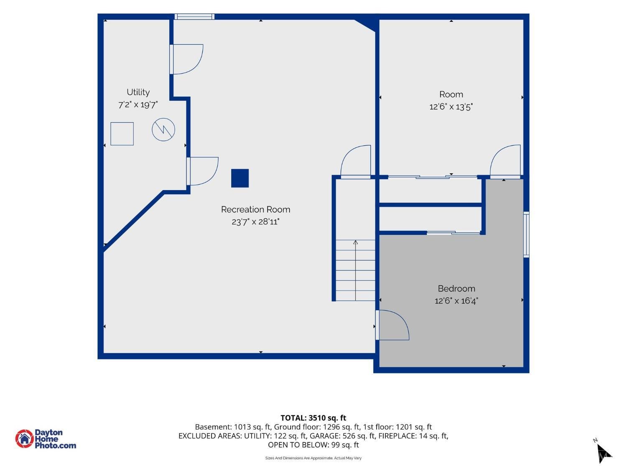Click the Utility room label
click(x=138, y=92)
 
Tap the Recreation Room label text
click(x=255, y=210)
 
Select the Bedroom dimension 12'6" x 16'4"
click(x=456, y=301)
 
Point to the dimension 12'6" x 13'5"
click(x=451, y=107)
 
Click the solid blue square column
click(x=240, y=178)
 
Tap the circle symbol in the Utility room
click(x=163, y=129)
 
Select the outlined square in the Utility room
click(x=122, y=134)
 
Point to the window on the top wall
click(x=194, y=17)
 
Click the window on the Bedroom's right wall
click(x=526, y=234)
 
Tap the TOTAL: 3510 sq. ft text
click(x=313, y=418)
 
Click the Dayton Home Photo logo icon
click(x=25, y=438)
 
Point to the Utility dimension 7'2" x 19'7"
click(x=138, y=105)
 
